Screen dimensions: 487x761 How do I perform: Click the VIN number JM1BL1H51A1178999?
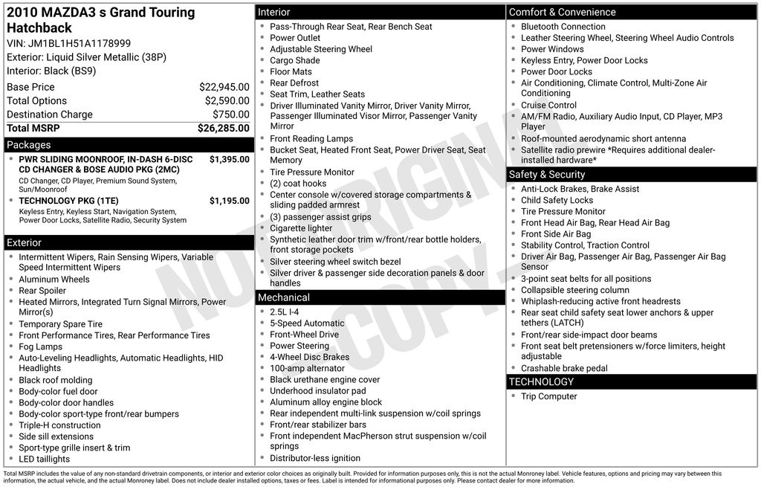tap(80, 43)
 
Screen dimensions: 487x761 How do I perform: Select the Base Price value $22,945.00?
tap(224, 87)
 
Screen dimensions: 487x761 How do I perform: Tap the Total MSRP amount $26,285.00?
tap(223, 128)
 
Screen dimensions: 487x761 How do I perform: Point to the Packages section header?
tap(29, 145)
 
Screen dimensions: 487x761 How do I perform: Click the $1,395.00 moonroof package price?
tap(229, 159)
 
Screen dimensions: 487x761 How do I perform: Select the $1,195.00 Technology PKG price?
tap(229, 201)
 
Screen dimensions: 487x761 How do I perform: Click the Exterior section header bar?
tap(25, 242)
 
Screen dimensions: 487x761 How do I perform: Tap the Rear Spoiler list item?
tap(42, 291)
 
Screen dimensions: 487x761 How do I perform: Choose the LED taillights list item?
tap(45, 459)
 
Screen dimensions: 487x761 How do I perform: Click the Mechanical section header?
tap(283, 297)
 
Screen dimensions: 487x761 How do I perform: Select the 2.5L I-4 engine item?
tap(284, 312)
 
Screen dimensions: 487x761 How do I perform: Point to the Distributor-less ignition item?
tap(315, 458)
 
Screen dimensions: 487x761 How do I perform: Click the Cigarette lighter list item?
tap(301, 228)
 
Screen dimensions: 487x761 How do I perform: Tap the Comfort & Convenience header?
tap(562, 12)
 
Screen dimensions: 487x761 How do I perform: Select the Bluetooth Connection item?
tap(563, 27)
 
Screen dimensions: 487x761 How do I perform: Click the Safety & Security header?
tap(547, 175)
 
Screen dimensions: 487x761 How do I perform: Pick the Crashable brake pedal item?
tap(564, 368)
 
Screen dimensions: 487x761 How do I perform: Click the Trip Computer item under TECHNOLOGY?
tap(548, 396)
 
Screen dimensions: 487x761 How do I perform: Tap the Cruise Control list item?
tap(548, 106)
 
